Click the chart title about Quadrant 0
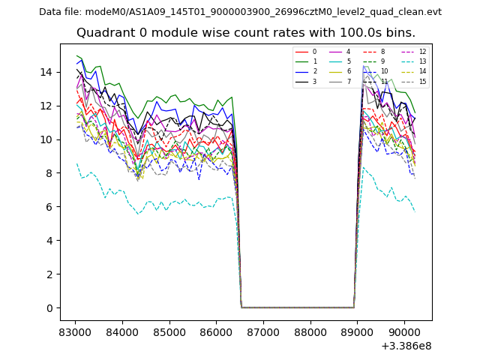click(246, 33)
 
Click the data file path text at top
click(240, 12)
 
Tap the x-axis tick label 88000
click(310, 331)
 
